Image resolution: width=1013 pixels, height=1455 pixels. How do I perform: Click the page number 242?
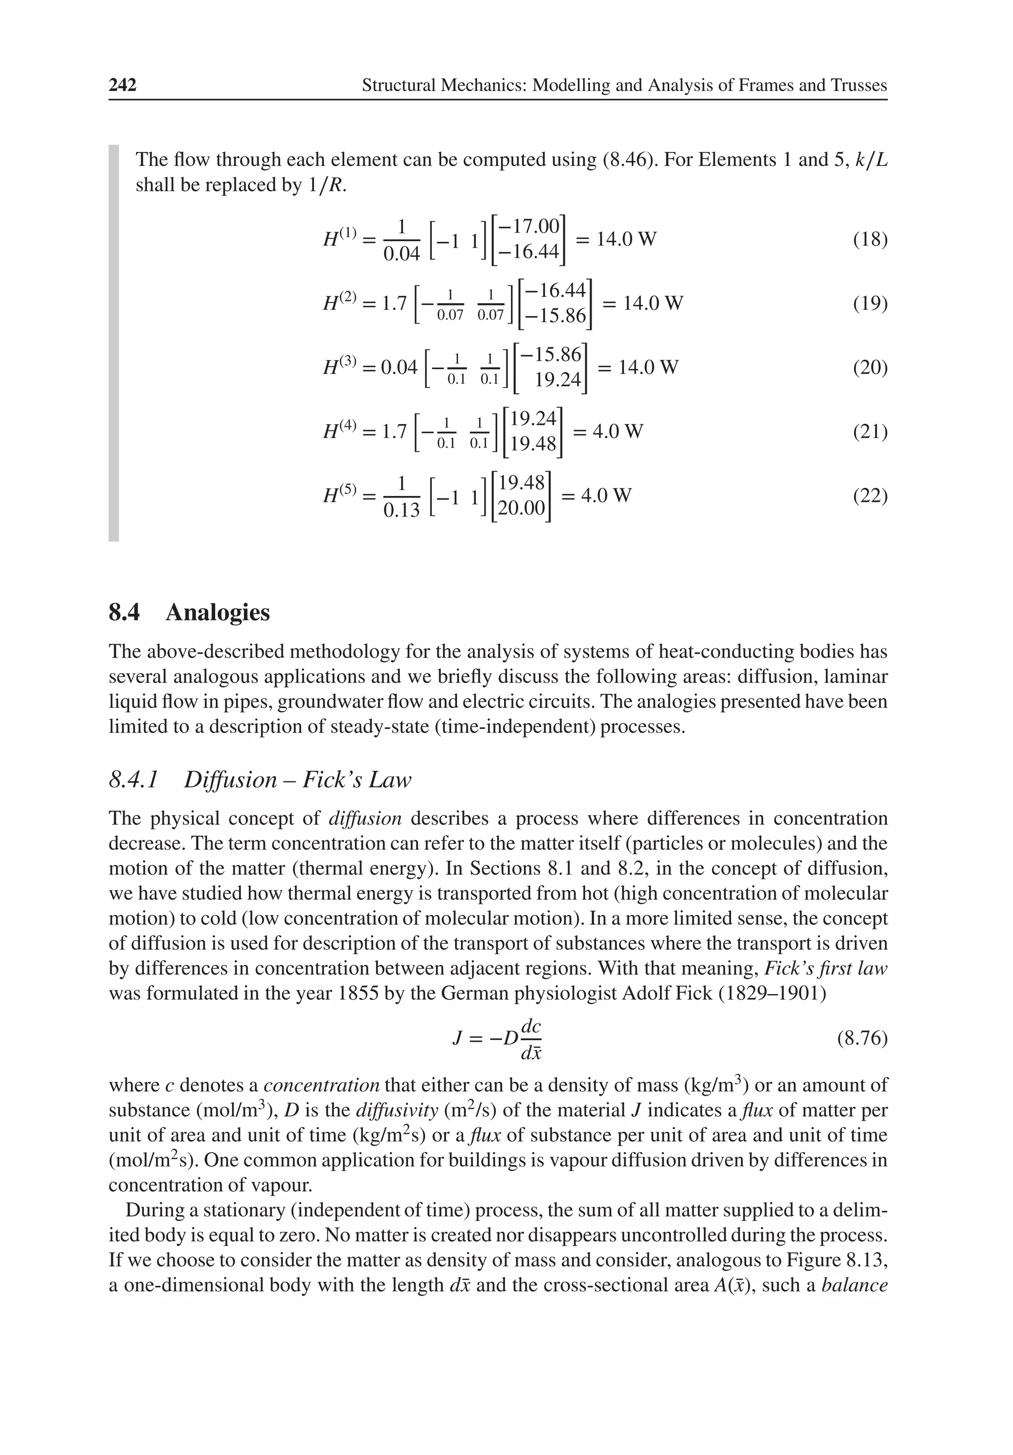pos(123,85)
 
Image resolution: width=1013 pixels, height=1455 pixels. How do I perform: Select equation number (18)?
pos(870,240)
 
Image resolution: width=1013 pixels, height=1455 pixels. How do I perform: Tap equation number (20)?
pos(870,368)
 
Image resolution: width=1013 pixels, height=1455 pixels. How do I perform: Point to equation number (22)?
pos(870,495)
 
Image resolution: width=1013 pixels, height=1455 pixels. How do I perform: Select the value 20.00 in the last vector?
pos(521,508)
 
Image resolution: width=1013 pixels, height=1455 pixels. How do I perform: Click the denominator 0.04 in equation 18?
pos(402,253)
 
